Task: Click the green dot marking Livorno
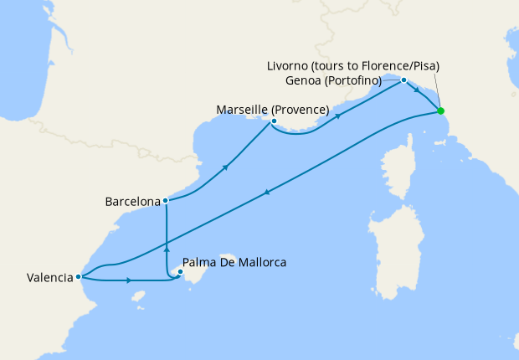tap(440, 111)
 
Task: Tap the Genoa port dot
tap(403, 80)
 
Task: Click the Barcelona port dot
tap(166, 201)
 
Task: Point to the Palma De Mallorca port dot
tap(180, 271)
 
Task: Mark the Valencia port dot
tap(78, 276)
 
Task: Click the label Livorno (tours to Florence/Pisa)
tap(353, 65)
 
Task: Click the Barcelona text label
tap(132, 202)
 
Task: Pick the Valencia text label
tap(39, 278)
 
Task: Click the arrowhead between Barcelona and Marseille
tap(225, 167)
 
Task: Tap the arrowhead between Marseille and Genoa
tap(338, 116)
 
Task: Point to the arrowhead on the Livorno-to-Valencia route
tap(266, 193)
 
